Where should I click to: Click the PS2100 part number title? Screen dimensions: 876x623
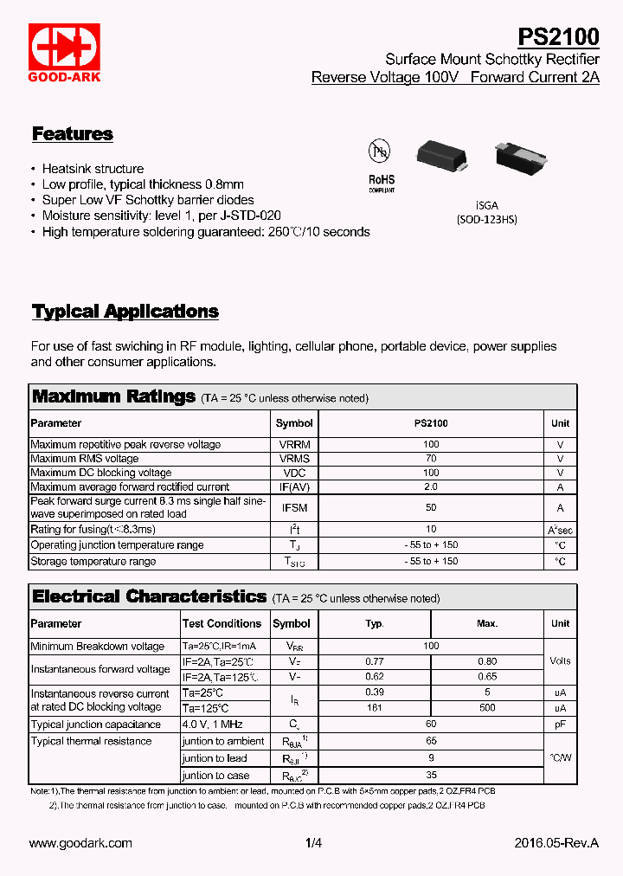click(x=557, y=36)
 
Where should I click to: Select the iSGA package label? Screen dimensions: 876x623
click(x=486, y=204)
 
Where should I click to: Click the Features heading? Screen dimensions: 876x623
click(x=73, y=134)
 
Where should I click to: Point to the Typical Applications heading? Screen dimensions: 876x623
click(x=125, y=312)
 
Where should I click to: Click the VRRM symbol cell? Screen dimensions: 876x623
click(x=294, y=444)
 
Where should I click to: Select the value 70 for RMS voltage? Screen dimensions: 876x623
click(x=431, y=459)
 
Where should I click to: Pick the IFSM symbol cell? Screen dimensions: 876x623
click(x=294, y=508)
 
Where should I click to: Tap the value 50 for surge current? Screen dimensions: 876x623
click(x=431, y=508)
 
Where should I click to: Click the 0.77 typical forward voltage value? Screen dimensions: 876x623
click(x=375, y=661)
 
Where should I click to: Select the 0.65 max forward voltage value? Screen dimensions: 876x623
click(x=487, y=677)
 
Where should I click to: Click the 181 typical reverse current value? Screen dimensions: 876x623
click(x=375, y=708)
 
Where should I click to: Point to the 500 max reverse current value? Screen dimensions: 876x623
click(x=487, y=708)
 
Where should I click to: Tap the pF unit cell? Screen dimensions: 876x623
click(x=560, y=725)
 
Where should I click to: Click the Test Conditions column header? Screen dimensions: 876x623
click(x=222, y=623)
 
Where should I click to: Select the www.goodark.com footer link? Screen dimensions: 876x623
click(x=80, y=843)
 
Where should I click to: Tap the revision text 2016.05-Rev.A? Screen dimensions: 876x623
click(x=556, y=843)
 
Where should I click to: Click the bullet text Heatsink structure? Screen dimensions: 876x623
click(x=93, y=169)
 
